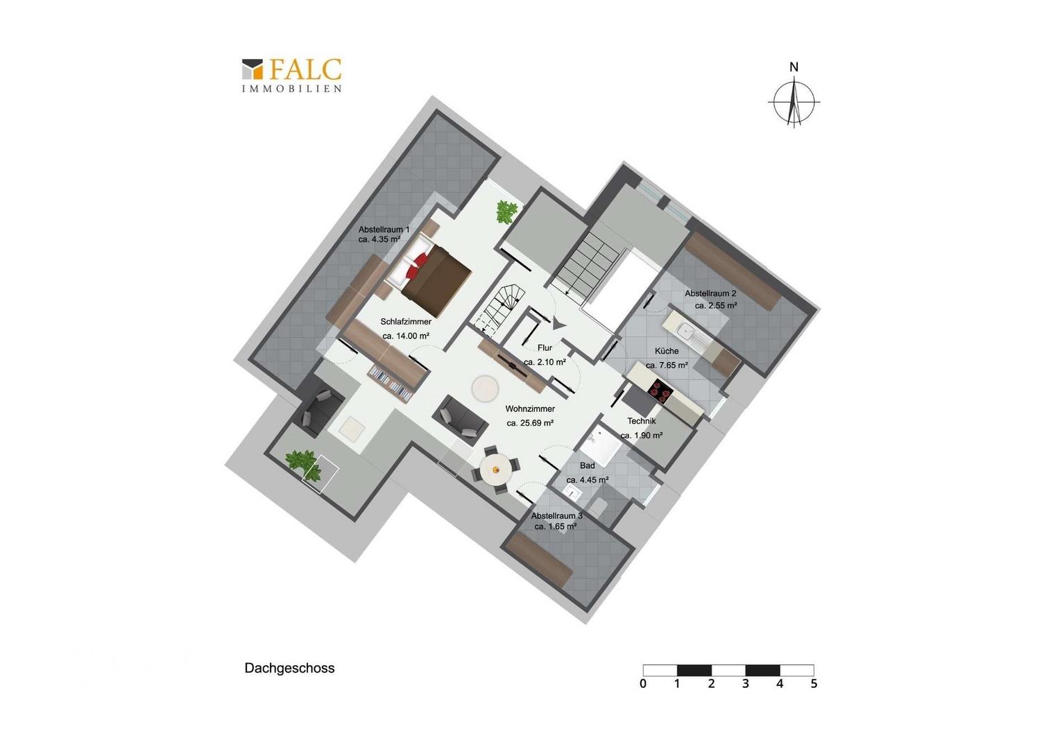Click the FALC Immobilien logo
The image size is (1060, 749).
291,75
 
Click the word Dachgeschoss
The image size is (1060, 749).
289,668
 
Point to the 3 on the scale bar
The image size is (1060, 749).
745,684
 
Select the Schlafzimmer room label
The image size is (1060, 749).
406,322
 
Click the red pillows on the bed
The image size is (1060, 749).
416,266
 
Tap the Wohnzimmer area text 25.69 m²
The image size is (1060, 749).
530,423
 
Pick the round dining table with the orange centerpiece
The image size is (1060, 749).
495,470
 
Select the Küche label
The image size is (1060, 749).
667,351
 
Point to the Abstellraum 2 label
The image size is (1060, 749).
710,293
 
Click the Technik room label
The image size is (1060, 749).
642,421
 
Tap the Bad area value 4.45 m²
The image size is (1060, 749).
588,480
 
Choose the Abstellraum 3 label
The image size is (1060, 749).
556,516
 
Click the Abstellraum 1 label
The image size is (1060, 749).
384,230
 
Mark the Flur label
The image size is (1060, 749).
545,347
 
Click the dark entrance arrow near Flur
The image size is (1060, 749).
558,323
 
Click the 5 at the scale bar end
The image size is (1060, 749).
814,684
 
